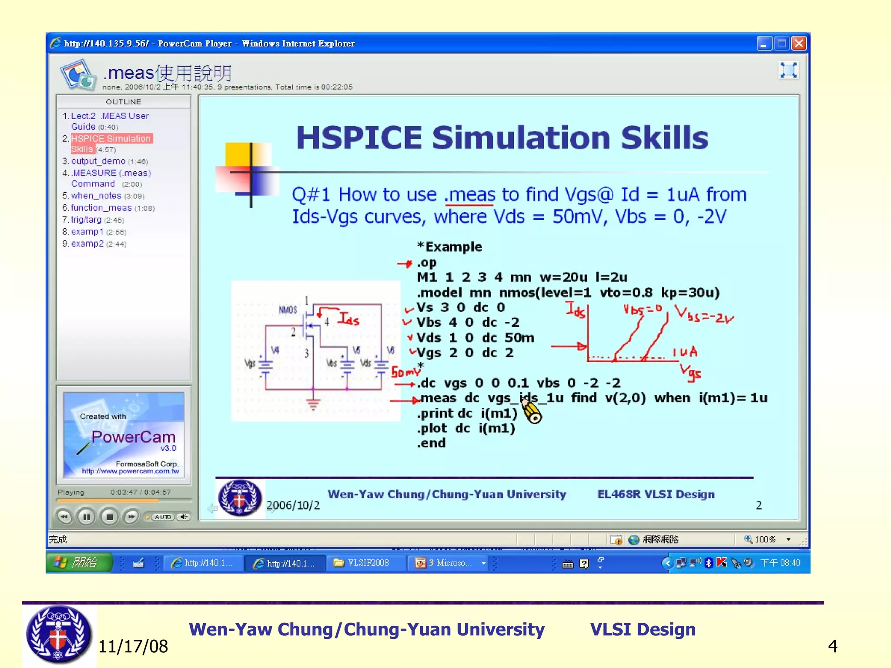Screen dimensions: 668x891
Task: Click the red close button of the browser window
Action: pos(799,43)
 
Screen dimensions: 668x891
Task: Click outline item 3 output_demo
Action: pos(98,161)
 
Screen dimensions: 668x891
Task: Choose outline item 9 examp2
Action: pos(87,244)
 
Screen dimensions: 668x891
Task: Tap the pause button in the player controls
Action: pos(86,517)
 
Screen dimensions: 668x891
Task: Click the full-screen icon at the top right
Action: pos(788,70)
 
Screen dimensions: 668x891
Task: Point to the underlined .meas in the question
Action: pos(469,195)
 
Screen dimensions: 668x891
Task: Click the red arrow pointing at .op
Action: pos(405,264)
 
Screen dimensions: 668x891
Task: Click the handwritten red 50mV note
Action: pos(405,372)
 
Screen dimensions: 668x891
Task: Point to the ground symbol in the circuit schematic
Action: pos(313,404)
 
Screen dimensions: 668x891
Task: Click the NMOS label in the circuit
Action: pos(288,310)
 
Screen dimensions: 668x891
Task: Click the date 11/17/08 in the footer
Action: pos(133,646)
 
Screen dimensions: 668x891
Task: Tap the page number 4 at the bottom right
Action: pos(832,646)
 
